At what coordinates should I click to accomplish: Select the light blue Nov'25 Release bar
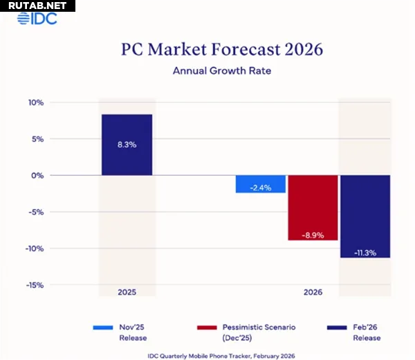[261, 184]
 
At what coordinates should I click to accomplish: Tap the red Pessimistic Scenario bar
[313, 208]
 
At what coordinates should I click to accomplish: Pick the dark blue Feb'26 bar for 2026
[365, 216]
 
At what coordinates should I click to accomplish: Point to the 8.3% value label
[127, 145]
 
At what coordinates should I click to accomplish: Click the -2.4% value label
[261, 188]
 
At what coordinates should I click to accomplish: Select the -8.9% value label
[313, 235]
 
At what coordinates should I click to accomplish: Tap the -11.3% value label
[365, 253]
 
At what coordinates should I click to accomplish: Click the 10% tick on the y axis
[36, 102]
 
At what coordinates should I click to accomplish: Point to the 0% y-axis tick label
[38, 175]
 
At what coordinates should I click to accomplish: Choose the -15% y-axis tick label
[35, 285]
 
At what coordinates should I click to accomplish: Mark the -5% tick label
[36, 212]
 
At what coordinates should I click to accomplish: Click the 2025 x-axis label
[127, 293]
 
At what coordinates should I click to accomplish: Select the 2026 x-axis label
[313, 293]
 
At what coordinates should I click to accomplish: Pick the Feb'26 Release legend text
[367, 331]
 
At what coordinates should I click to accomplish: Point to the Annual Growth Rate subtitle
[212, 70]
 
